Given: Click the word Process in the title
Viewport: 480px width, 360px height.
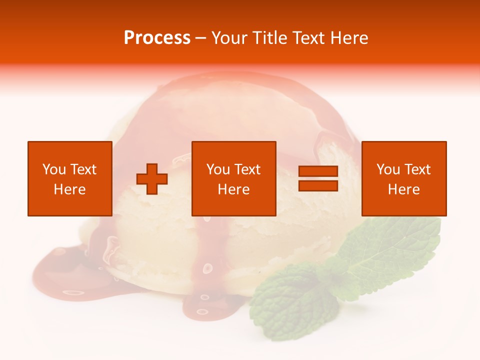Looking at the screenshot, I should click(157, 38).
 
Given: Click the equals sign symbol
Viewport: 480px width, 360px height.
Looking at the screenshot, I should click(318, 178).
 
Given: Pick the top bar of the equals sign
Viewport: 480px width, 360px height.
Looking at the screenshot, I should click(318, 171).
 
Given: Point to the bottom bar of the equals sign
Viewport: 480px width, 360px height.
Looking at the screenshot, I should click(318, 185).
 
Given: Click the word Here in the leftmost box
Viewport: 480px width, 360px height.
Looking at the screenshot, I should click(69, 189).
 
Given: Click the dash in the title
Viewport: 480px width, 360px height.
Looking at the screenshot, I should click(201, 38).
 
